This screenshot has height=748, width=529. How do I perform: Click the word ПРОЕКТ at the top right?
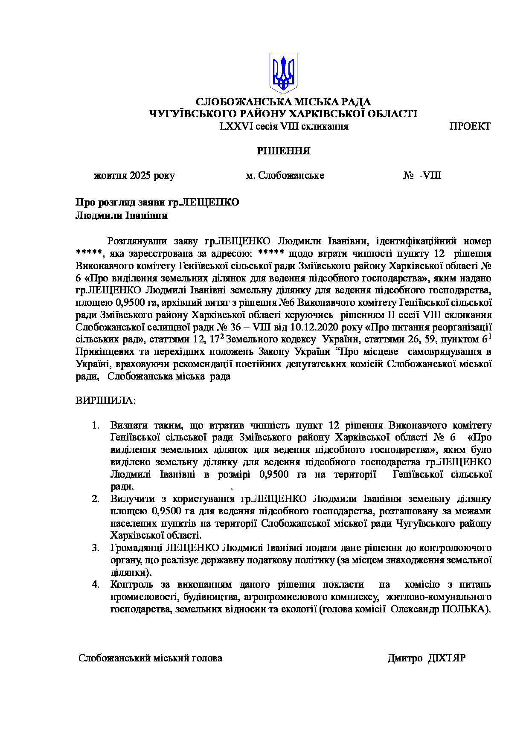tap(470, 126)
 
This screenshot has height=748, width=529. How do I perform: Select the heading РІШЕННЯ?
tap(283, 151)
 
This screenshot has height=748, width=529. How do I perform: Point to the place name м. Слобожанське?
tap(285, 176)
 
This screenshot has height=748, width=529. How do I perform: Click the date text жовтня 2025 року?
tap(134, 176)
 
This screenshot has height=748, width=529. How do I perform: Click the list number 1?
tap(96, 426)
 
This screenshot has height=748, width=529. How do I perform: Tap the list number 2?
tap(96, 499)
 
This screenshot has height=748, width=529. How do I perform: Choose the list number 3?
tap(96, 548)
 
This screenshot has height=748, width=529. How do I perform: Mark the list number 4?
tap(96, 585)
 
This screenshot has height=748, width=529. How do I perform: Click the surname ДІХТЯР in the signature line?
tap(447, 658)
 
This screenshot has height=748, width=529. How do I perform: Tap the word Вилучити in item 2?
tap(130, 499)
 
